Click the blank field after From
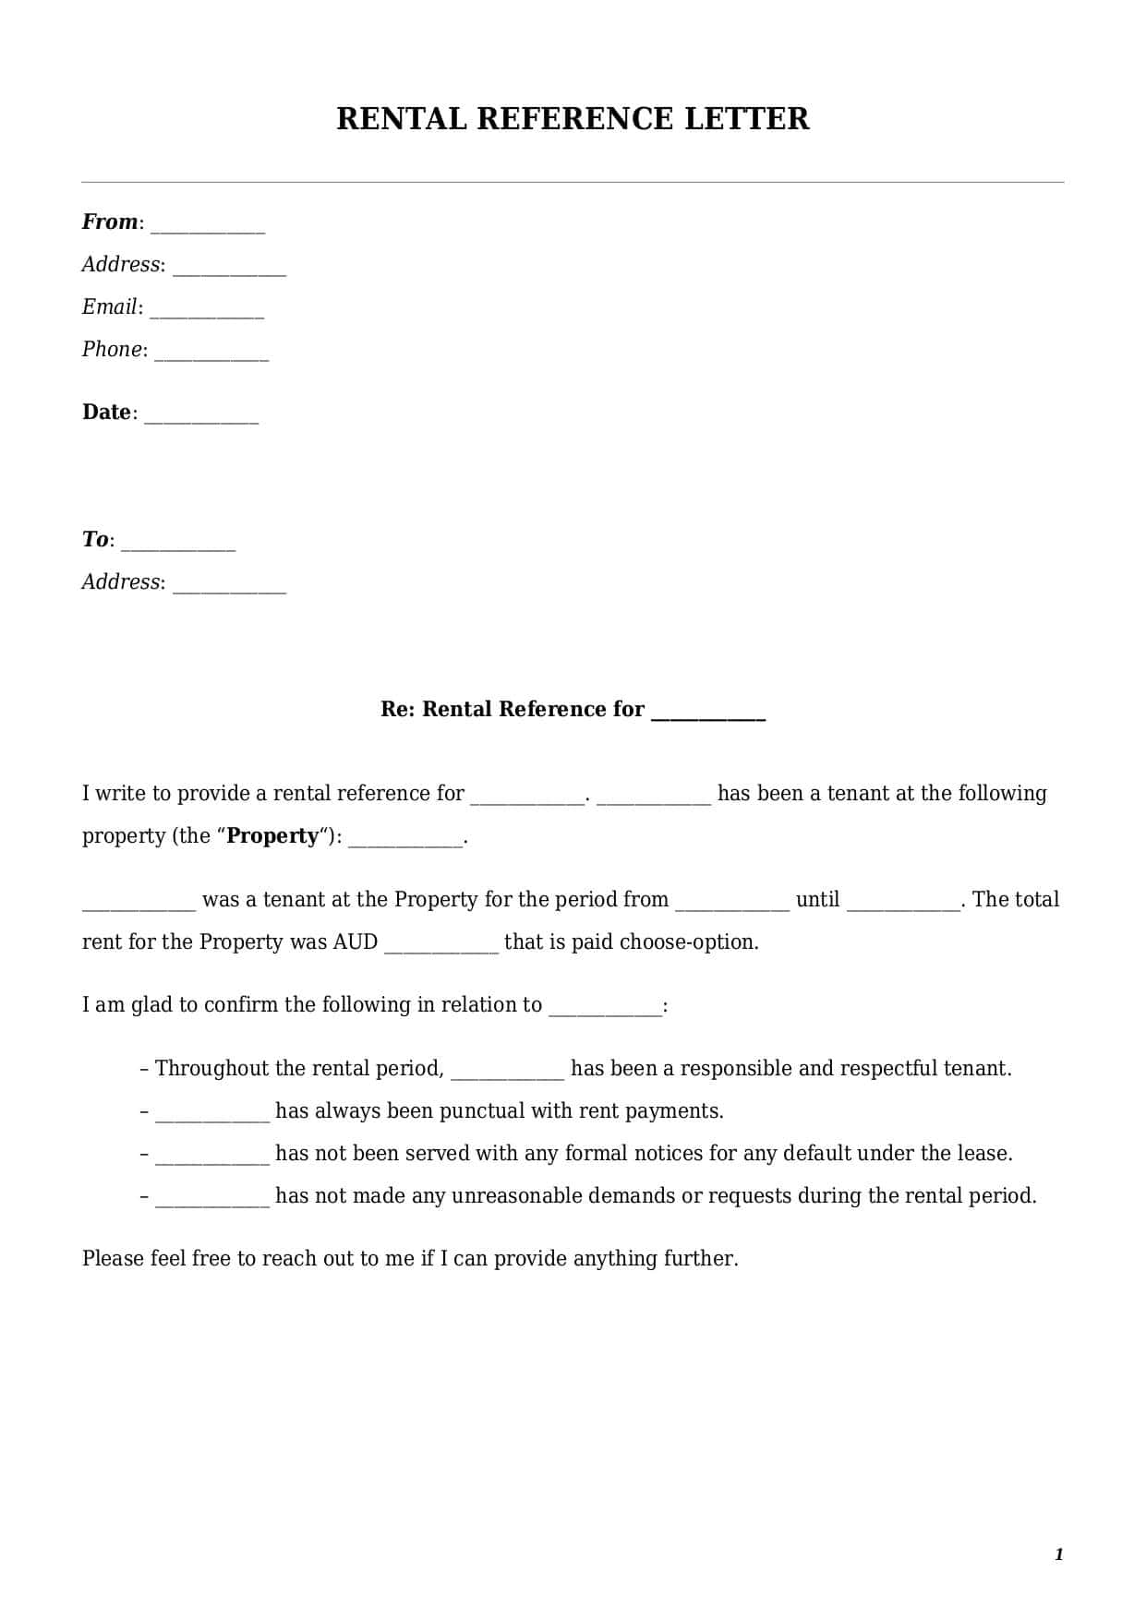[x=208, y=227]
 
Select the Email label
[x=110, y=307]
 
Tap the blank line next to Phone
[x=211, y=354]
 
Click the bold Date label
[x=107, y=413]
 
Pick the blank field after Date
[x=201, y=417]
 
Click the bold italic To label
[x=95, y=540]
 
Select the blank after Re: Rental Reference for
[x=708, y=714]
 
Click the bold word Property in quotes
[x=272, y=836]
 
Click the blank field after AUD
[x=441, y=947]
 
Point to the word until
[x=817, y=900]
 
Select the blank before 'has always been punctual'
[x=212, y=1116]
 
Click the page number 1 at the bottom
[x=1058, y=1555]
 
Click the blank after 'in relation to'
[x=605, y=1010]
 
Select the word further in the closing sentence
[x=700, y=1259]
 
